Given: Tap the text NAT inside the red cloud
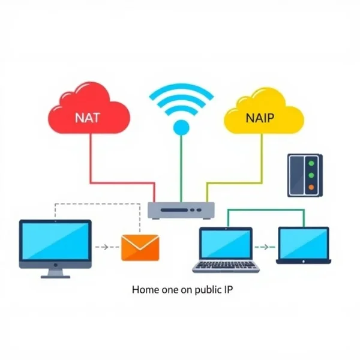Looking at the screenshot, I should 88,118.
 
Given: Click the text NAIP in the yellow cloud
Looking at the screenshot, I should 259,118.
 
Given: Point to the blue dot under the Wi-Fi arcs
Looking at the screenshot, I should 181,127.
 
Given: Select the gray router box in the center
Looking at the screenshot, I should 181,209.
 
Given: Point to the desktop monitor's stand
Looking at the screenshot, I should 55,272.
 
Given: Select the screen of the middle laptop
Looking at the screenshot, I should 226,244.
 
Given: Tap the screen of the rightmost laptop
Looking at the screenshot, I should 303,244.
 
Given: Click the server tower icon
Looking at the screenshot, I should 304,175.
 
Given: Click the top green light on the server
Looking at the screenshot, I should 311,163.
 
